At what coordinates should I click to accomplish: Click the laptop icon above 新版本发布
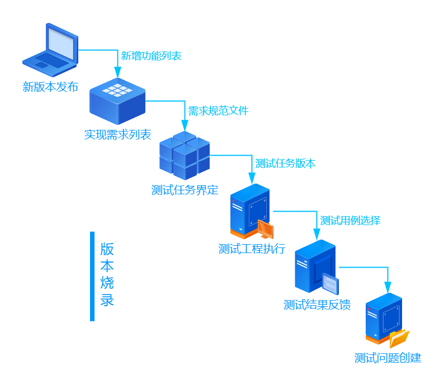pyautogui.click(x=50, y=50)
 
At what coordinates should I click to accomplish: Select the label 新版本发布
pyautogui.click(x=50, y=87)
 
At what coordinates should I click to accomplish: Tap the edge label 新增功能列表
pyautogui.click(x=151, y=56)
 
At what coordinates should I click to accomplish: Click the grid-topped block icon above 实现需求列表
pyautogui.click(x=117, y=101)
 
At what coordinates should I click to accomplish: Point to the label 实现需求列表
pyautogui.click(x=117, y=135)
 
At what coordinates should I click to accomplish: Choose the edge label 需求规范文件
pyautogui.click(x=218, y=111)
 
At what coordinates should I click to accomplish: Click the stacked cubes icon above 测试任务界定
pyautogui.click(x=185, y=155)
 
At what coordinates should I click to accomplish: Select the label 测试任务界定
pyautogui.click(x=185, y=190)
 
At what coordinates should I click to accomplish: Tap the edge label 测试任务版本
pyautogui.click(x=285, y=163)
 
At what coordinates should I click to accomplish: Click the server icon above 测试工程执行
pyautogui.click(x=250, y=210)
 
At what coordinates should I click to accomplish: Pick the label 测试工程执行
pyautogui.click(x=252, y=249)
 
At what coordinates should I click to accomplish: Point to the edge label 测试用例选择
pyautogui.click(x=350, y=221)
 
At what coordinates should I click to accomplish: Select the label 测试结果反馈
pyautogui.click(x=317, y=305)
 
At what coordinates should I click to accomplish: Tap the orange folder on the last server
pyautogui.click(x=399, y=338)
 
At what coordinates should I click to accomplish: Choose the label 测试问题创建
pyautogui.click(x=388, y=358)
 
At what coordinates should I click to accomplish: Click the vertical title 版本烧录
pyautogui.click(x=107, y=274)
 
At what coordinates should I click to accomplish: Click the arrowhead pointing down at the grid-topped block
pyautogui.click(x=117, y=72)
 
